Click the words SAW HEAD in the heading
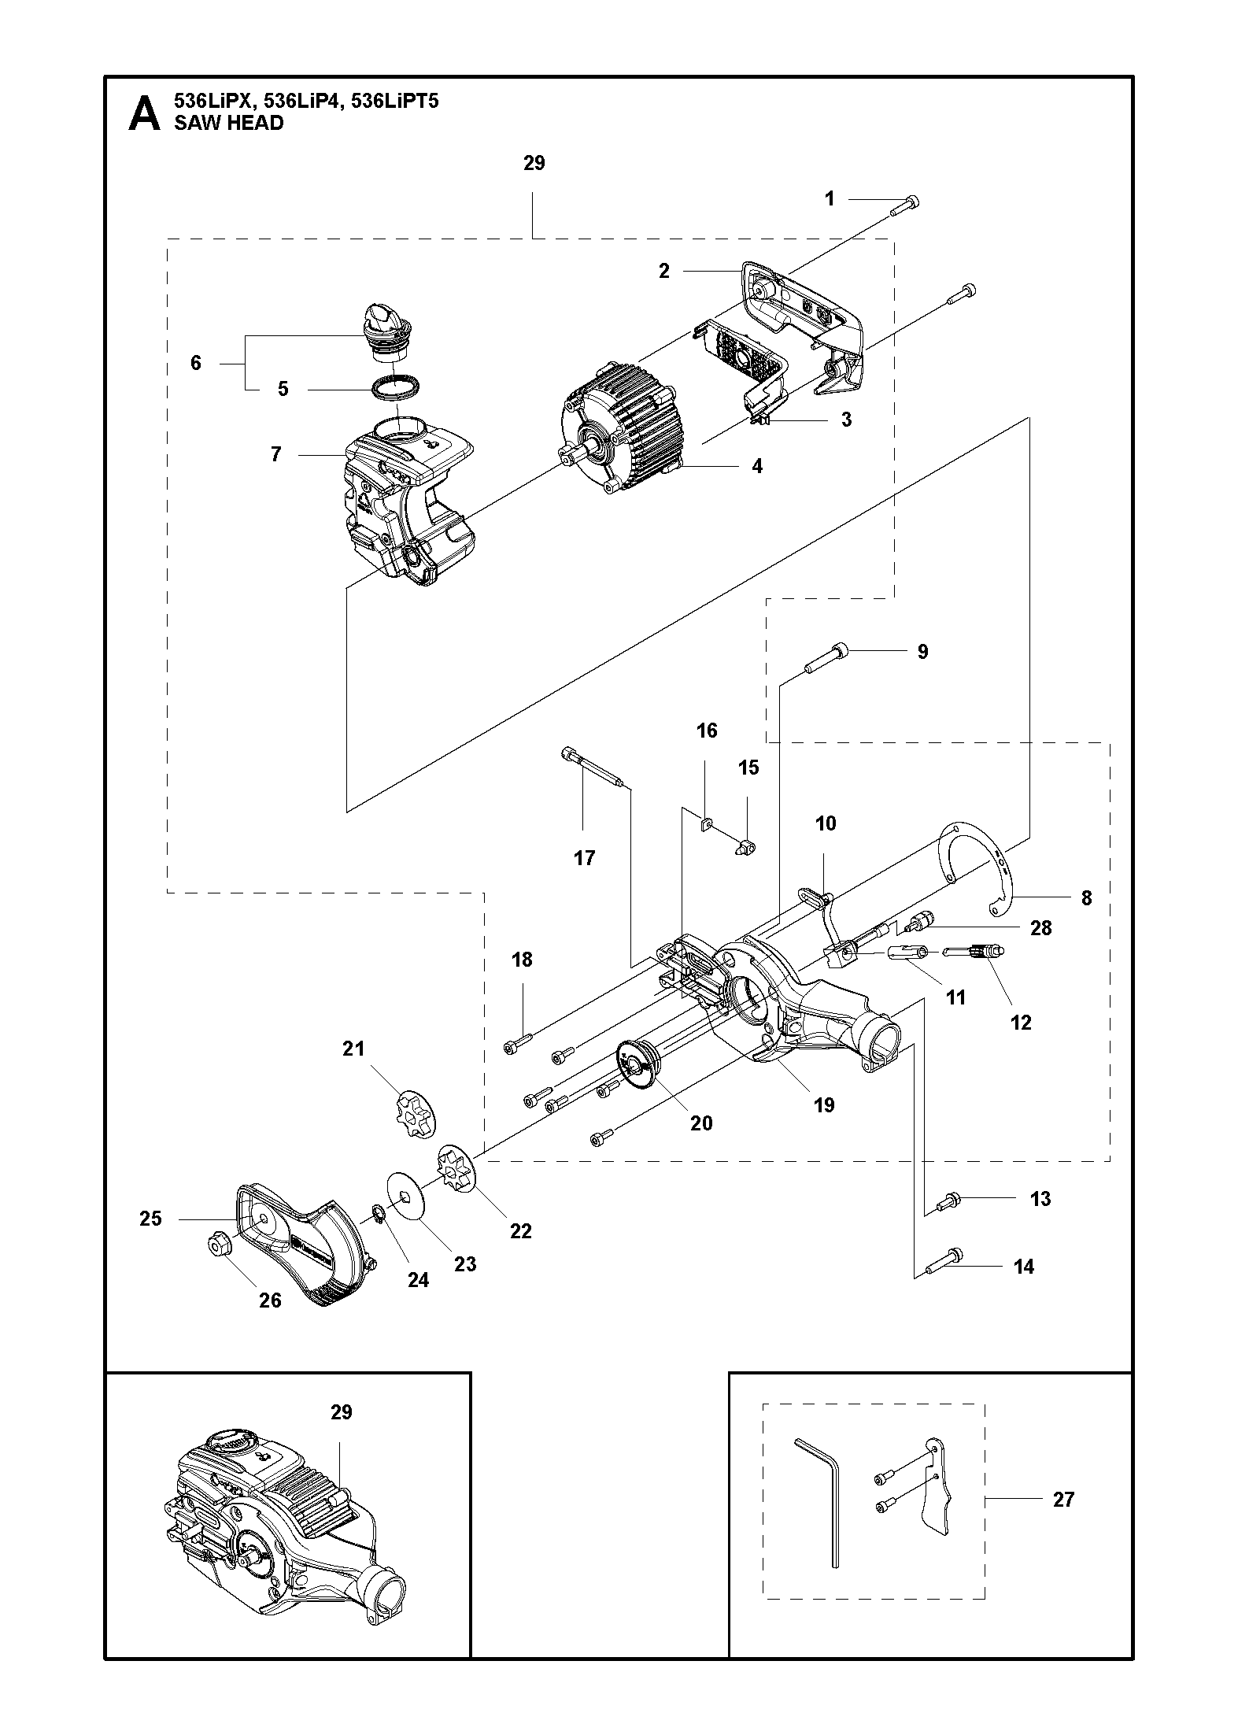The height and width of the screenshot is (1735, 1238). (x=228, y=123)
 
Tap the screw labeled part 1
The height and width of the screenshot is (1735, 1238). (x=905, y=205)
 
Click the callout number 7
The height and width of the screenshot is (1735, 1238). (x=276, y=454)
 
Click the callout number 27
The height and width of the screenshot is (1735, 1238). (x=1063, y=1500)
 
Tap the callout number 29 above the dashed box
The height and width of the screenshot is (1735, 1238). (x=534, y=163)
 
